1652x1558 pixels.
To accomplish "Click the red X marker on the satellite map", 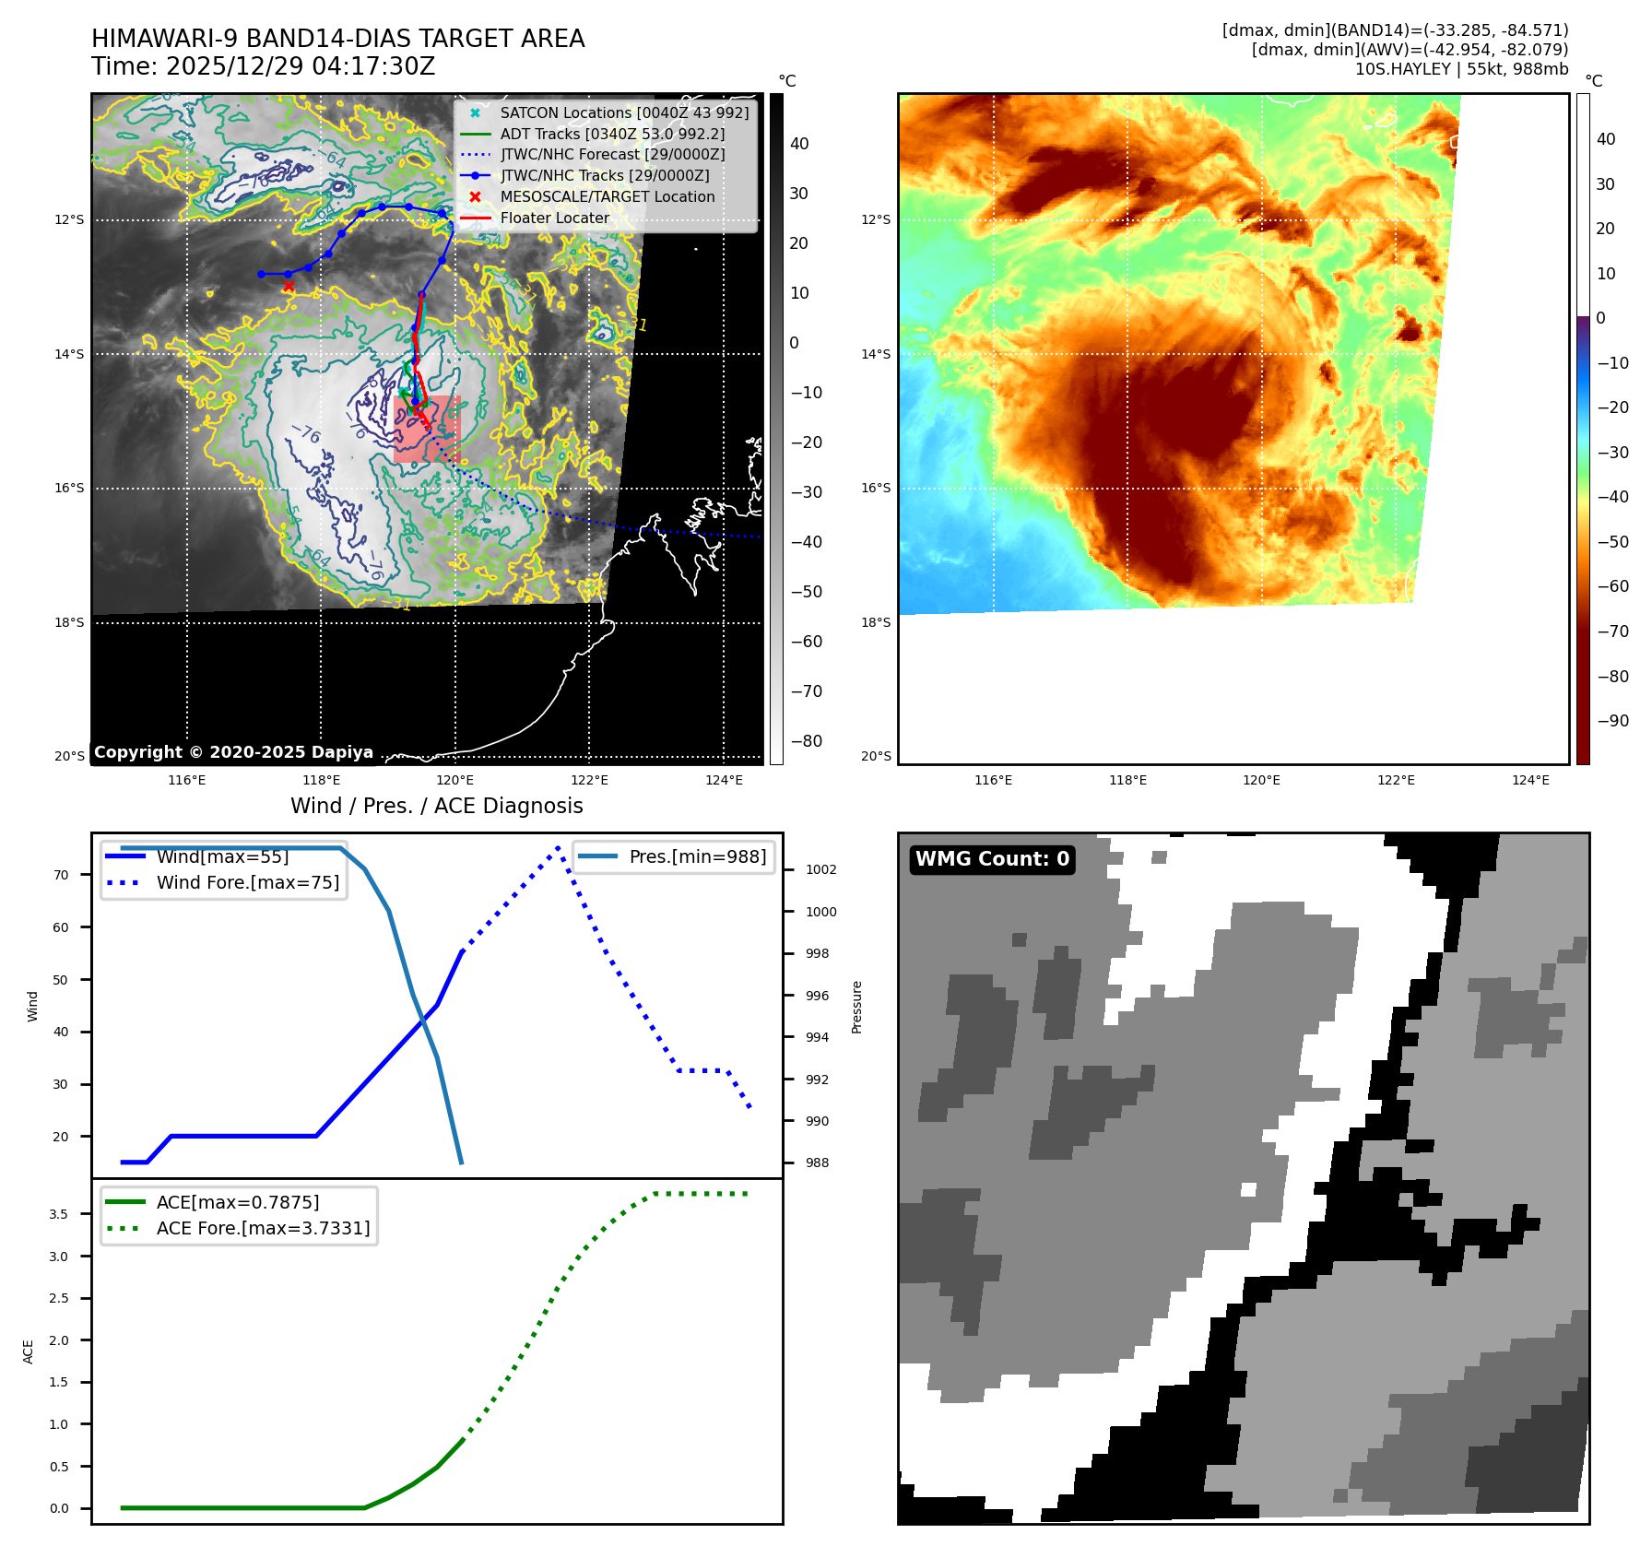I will [x=289, y=287].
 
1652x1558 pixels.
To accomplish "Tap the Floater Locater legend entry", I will [x=554, y=218].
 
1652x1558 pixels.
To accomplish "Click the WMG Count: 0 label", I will [x=992, y=859].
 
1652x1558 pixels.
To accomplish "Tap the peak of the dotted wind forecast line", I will [x=558, y=847].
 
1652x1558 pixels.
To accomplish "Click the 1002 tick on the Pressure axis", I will [x=820, y=869].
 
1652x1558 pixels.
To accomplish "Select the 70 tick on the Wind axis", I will [x=61, y=875].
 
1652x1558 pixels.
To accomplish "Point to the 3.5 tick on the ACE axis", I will [x=58, y=1214].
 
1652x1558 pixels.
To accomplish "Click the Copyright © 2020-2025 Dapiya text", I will [x=233, y=752].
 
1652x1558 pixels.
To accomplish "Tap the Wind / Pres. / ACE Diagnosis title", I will [x=436, y=806].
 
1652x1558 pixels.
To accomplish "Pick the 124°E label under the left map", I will [x=724, y=780].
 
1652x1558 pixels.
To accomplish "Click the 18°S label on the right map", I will [x=876, y=622].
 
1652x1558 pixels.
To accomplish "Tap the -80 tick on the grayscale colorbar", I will [x=806, y=741].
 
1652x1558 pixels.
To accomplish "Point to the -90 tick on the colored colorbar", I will [x=1612, y=721].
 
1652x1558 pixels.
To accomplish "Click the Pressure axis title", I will [x=856, y=1007].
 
